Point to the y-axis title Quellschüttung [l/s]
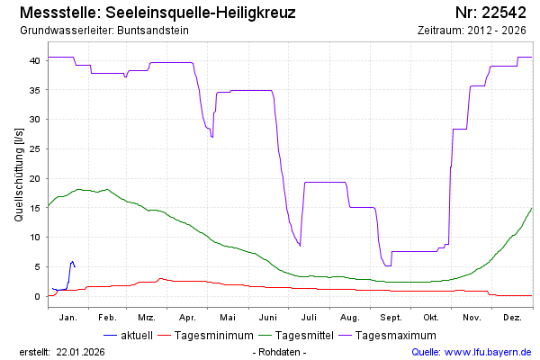(x=20, y=175)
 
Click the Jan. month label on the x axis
(x=67, y=318)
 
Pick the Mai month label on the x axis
(x=229, y=318)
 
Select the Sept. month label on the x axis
(x=391, y=318)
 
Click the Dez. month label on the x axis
(x=513, y=318)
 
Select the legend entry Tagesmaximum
(x=397, y=335)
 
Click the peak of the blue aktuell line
(x=72, y=261)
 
